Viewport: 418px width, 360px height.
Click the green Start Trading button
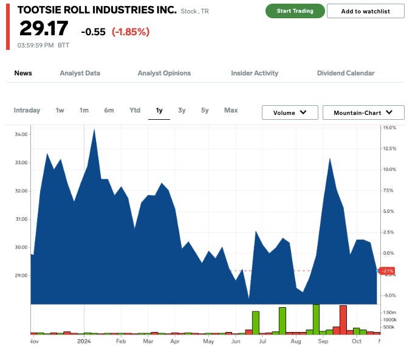coord(295,11)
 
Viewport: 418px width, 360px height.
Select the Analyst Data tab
coord(80,73)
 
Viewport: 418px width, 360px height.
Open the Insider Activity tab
coord(255,73)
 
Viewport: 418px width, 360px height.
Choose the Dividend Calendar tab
coord(346,73)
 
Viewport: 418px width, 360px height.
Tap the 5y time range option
coord(205,110)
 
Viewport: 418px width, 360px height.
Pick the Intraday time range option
coord(27,110)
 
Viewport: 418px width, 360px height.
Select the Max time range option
coord(231,110)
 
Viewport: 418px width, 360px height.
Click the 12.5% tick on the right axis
coord(389,148)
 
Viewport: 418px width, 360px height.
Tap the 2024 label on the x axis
coord(84,341)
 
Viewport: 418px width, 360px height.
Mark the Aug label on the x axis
coord(296,341)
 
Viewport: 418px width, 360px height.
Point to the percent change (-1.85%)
coord(130,31)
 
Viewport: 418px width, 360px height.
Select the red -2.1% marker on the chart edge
coord(386,271)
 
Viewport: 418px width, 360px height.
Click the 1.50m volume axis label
coord(390,311)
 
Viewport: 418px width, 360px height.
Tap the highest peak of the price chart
coord(94,130)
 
